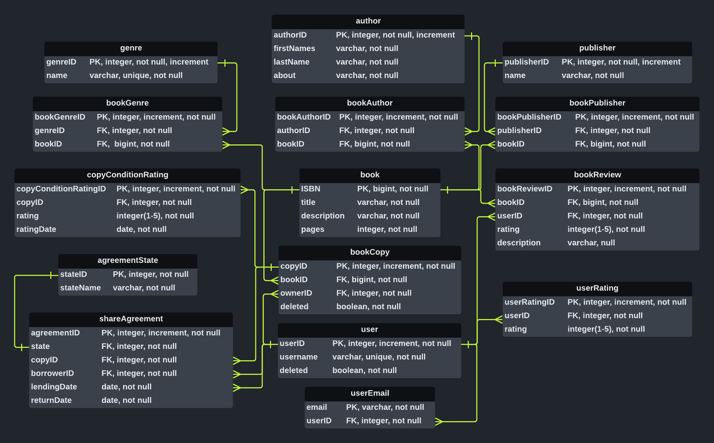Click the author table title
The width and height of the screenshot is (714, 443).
[x=368, y=21]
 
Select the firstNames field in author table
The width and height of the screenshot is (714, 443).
[x=294, y=48]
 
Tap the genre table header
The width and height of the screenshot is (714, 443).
[x=131, y=48]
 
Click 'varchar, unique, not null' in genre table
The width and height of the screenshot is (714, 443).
[x=136, y=75]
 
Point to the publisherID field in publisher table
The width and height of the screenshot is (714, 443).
[x=526, y=62]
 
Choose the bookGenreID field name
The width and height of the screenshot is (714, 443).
[x=60, y=117]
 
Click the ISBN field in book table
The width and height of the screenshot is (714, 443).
[x=310, y=189]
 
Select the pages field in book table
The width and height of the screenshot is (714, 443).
[x=313, y=229]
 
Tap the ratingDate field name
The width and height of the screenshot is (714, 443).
[x=36, y=229]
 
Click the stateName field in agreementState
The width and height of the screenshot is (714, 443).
[x=80, y=288]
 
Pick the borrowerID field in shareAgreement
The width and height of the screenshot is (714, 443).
[x=52, y=373]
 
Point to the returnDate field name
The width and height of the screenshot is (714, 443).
[x=51, y=400]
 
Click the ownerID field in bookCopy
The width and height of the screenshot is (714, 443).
[x=296, y=293]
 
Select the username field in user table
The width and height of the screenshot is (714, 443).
[x=298, y=357]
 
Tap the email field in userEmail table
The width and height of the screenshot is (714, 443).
[x=317, y=407]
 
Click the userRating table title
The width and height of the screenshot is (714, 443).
[x=597, y=288]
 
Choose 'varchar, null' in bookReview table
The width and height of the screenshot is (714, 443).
[x=591, y=243]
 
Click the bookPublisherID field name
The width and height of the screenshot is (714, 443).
[x=529, y=117]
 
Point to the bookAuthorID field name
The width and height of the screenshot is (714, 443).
[x=303, y=117]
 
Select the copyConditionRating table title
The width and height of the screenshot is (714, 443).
[x=127, y=175]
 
